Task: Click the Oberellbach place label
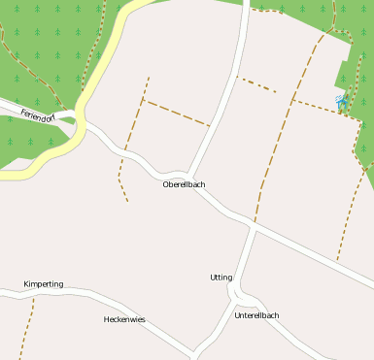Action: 184,184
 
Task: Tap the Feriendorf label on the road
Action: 38,117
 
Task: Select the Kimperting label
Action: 44,284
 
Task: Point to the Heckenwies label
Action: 124,319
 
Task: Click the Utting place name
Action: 221,278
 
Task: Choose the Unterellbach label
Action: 256,315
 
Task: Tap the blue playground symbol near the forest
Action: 340,100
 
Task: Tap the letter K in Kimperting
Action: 26,284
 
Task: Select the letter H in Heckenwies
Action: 107,319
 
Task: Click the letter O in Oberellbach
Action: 166,184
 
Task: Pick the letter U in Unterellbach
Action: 237,315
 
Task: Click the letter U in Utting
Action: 213,278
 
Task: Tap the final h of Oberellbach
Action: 203,184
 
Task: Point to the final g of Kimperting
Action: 61,285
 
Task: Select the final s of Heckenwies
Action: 143,319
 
